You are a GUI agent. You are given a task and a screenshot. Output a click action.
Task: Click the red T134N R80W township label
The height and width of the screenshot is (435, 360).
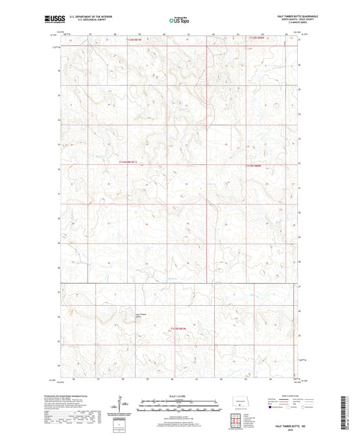pos(257,39)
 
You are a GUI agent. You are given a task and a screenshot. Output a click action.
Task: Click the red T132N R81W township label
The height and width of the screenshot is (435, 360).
pos(178,328)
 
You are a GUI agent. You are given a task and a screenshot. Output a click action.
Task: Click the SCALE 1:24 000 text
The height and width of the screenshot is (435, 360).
pos(180,395)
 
